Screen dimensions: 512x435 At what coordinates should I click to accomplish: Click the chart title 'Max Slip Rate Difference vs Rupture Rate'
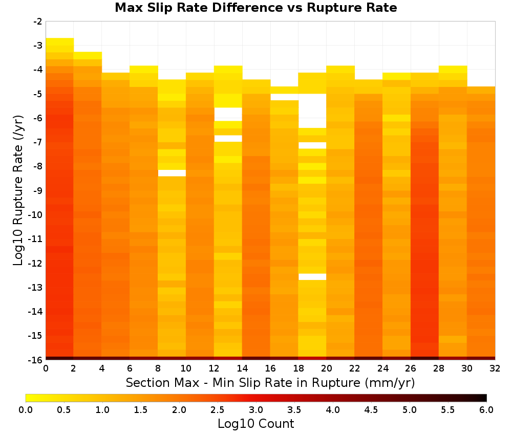(255, 8)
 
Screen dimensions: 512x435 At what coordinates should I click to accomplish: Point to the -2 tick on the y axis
(38, 21)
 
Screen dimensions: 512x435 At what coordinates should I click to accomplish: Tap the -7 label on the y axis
(38, 142)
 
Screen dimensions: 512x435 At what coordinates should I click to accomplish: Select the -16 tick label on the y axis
(36, 360)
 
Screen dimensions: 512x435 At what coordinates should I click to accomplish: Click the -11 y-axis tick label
(36, 239)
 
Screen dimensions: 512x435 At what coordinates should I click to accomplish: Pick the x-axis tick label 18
(298, 368)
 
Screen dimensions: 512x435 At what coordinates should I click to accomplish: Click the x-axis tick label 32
(495, 368)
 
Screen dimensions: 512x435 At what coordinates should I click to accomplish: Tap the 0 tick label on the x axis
(46, 368)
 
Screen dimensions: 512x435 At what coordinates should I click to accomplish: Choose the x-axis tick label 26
(411, 368)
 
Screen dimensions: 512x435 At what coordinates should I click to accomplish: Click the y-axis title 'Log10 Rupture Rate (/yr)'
(18, 190)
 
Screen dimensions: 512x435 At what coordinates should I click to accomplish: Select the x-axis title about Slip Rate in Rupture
(270, 382)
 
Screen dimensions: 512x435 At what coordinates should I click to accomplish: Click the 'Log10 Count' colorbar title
(255, 424)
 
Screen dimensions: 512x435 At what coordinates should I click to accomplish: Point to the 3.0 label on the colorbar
(256, 410)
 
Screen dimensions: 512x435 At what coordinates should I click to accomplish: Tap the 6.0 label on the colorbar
(486, 410)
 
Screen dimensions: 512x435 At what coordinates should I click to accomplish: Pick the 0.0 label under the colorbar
(26, 410)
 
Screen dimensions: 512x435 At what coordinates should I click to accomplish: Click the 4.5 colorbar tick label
(371, 410)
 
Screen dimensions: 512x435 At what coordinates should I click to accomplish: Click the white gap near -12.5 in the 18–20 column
(312, 277)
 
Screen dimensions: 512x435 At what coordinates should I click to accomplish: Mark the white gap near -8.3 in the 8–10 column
(172, 173)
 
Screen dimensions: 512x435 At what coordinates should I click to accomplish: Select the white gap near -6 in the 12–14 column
(228, 114)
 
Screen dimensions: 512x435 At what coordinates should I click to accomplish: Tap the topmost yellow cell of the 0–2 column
(59, 41)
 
